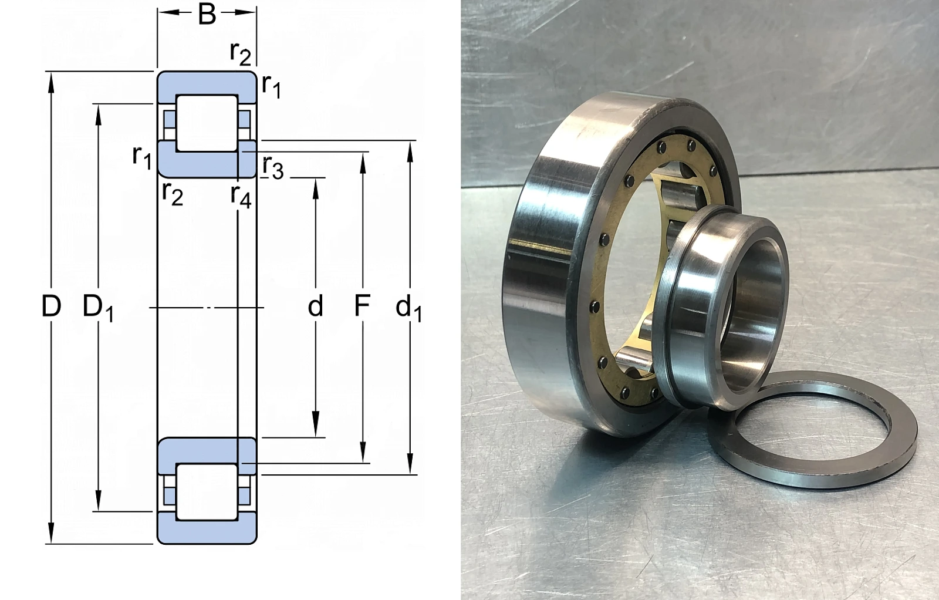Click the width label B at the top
207,14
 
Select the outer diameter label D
51,306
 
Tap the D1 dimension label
98,308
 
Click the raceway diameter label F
362,306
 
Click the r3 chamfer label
273,168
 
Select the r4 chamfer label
241,196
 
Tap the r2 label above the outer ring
241,53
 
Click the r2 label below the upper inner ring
173,194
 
